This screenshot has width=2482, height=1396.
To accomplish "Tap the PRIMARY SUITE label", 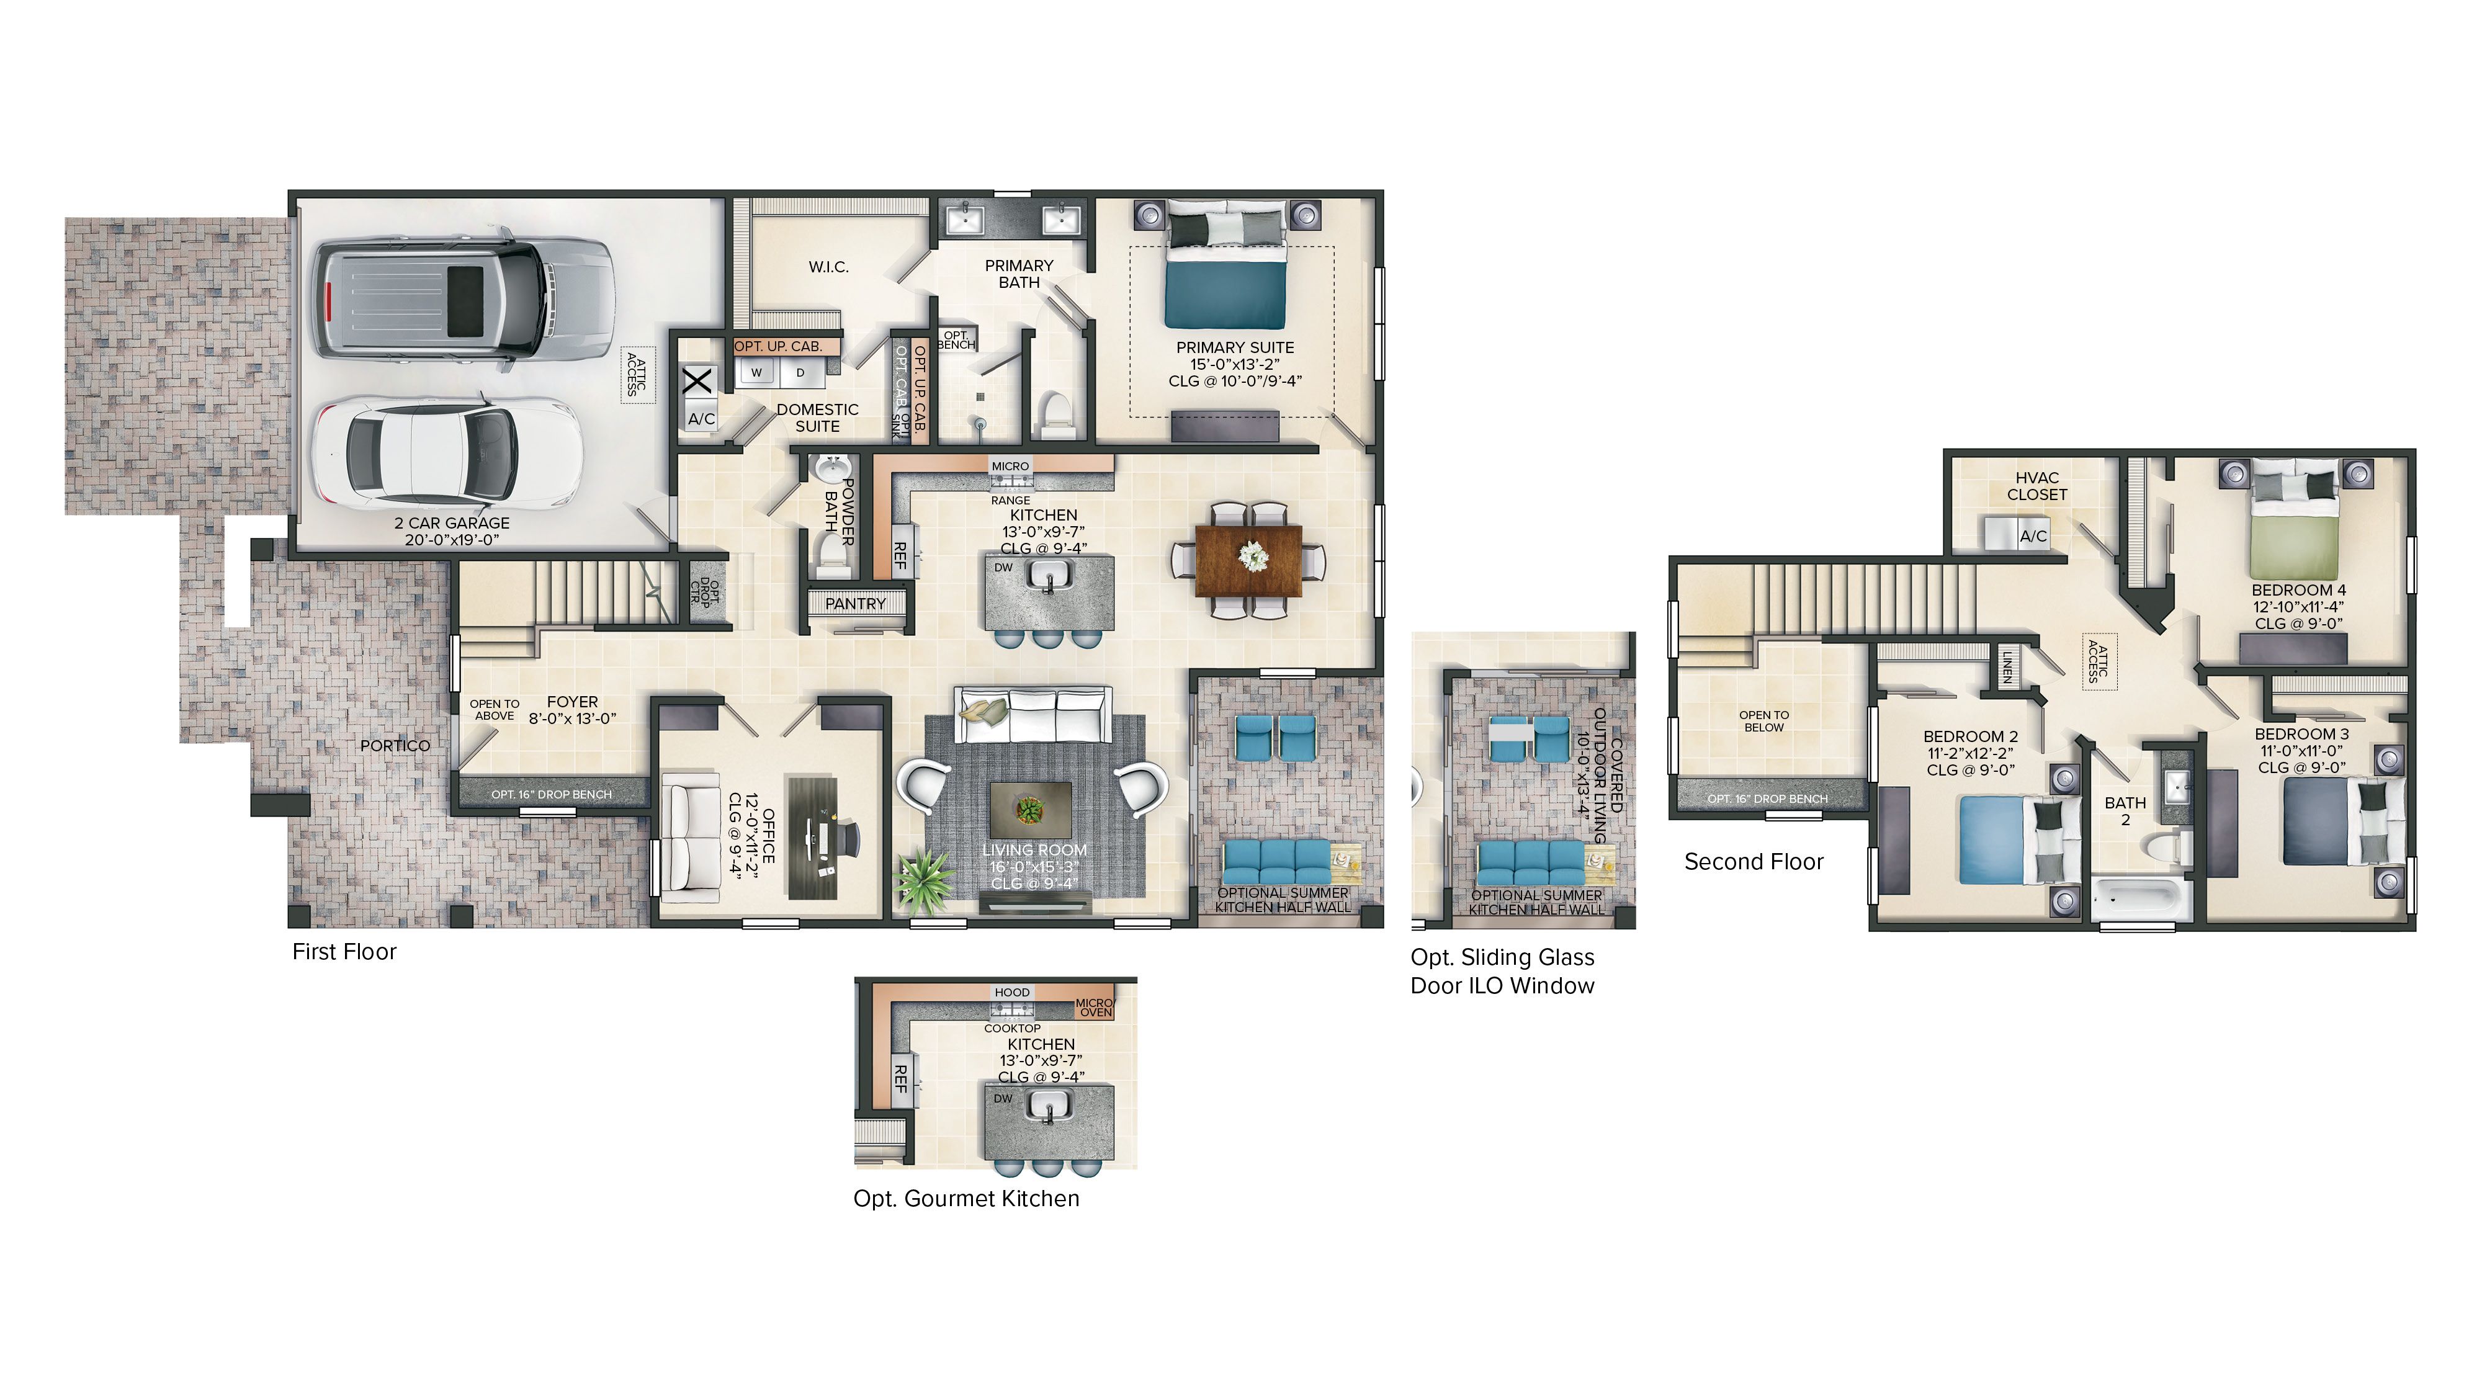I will coord(1234,348).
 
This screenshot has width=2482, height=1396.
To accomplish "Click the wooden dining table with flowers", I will coord(1248,560).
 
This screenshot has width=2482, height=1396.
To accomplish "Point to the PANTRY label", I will coord(854,604).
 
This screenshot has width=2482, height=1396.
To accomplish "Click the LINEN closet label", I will coord(2007,667).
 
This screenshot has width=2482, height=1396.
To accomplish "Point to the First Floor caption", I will coord(344,952).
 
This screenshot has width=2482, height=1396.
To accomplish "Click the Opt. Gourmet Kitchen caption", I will coord(965,1199).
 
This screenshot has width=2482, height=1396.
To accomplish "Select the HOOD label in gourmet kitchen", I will coord(1011,992).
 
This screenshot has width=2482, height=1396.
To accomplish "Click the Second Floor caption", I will coord(1753,862).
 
